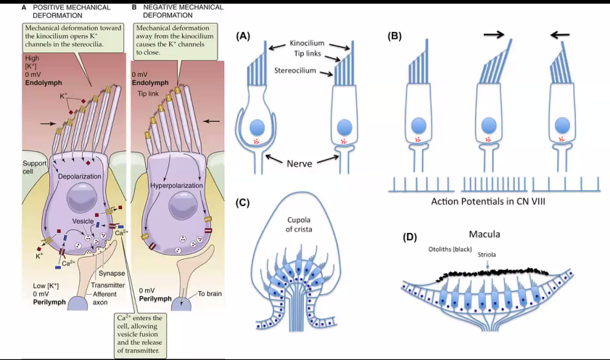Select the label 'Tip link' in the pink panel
[x=148, y=94]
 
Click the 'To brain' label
[x=210, y=294]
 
